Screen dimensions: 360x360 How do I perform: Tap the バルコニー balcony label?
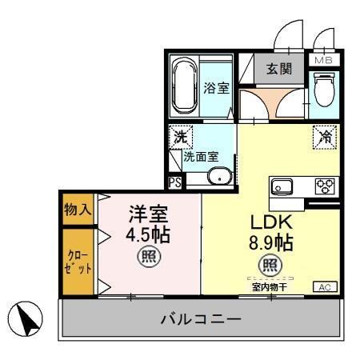(x=200, y=319)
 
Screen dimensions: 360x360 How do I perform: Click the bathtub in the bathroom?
(x=186, y=86)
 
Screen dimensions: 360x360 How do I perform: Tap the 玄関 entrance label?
(x=278, y=70)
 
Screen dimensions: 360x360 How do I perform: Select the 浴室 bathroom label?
(x=215, y=89)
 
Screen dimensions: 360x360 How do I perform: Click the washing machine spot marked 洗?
(x=181, y=137)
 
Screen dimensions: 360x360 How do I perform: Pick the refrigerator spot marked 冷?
(x=326, y=136)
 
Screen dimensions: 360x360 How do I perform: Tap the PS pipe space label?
(x=174, y=182)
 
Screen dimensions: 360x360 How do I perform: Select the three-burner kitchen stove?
(x=324, y=186)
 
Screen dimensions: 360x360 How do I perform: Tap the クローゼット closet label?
(x=78, y=262)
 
